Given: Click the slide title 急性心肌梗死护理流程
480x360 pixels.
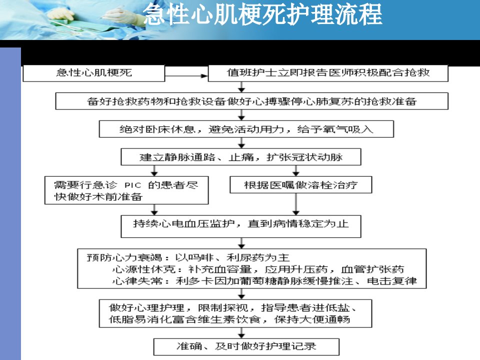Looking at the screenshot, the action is (x=262, y=14).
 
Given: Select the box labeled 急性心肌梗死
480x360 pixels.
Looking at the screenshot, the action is (x=94, y=73).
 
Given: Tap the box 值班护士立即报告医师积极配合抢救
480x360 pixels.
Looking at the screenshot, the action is (x=328, y=73).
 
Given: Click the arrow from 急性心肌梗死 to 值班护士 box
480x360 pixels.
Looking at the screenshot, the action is (x=186, y=75).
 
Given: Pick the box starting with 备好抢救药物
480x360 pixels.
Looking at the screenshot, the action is (x=251, y=101).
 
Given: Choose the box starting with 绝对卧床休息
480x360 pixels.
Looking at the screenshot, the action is (x=246, y=129).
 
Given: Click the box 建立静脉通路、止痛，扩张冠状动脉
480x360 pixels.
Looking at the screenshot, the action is (x=241, y=157).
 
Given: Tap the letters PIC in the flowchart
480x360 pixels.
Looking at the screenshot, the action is (x=133, y=185).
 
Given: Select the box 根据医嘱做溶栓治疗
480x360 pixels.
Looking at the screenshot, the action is (x=301, y=185).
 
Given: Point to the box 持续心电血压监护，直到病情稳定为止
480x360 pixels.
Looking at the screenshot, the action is (x=241, y=226).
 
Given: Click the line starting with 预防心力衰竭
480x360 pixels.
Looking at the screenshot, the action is (x=188, y=257).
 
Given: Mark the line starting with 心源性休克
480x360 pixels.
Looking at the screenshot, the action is (x=258, y=269).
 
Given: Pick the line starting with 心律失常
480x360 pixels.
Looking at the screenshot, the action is (x=264, y=280).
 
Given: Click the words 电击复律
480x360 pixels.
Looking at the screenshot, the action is (x=392, y=280).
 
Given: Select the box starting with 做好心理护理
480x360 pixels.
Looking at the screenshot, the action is (x=235, y=313).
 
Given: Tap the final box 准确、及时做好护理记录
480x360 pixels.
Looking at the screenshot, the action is (x=246, y=347).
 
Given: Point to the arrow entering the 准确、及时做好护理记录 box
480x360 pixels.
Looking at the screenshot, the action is (x=241, y=333).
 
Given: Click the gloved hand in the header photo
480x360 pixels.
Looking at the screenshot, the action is (x=60, y=14).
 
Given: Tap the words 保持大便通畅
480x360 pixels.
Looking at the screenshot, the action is (x=312, y=319).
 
